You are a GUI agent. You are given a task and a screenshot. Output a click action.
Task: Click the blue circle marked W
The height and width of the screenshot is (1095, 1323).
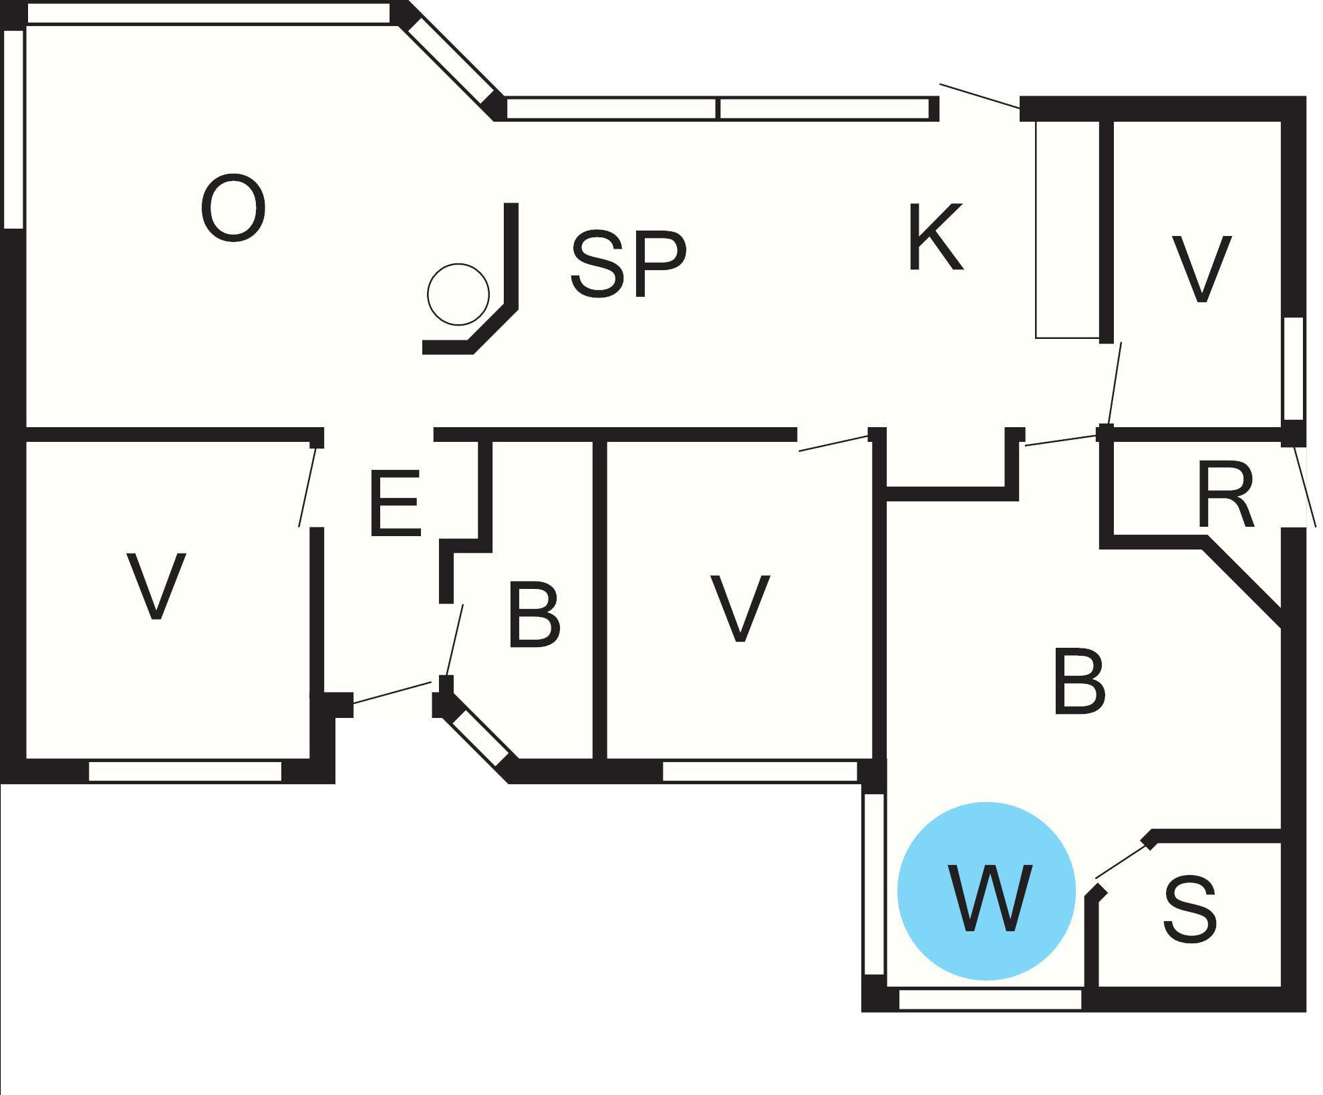(986, 892)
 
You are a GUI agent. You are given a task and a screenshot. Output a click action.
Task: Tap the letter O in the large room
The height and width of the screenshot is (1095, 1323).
(233, 208)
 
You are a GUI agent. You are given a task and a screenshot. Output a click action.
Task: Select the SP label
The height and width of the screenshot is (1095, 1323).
(628, 263)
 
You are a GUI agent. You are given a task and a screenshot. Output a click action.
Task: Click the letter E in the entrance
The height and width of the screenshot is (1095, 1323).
(396, 503)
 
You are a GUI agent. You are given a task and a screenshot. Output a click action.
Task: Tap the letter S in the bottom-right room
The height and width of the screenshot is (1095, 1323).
(1189, 910)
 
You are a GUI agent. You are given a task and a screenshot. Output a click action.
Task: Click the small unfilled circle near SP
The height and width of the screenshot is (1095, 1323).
(458, 294)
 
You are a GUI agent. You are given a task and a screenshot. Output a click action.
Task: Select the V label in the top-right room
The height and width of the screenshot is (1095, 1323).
(1201, 269)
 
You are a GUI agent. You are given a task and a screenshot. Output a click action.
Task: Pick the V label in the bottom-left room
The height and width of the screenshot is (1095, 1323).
(156, 586)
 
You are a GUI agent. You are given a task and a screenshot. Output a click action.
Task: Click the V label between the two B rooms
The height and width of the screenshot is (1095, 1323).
(740, 608)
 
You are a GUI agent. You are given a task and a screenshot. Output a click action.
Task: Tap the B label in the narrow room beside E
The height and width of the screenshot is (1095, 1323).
(534, 615)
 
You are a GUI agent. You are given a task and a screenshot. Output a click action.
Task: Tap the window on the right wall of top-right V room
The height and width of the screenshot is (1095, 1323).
(1294, 368)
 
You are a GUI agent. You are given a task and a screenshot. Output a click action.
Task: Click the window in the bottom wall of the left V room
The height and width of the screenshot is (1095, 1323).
(185, 771)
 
